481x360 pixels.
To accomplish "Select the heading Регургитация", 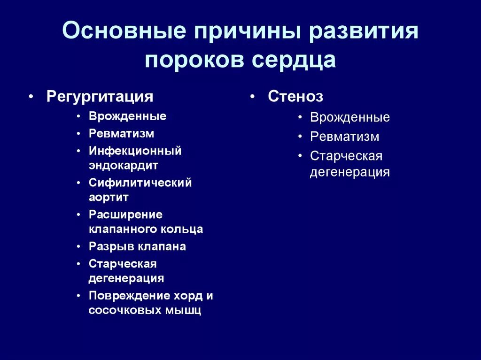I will coord(100,97).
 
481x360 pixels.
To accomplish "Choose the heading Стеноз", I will coord(295,97).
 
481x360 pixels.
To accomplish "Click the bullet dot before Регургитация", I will coord(31,97).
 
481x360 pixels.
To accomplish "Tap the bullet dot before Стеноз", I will coord(252,97).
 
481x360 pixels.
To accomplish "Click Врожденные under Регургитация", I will coord(127,116).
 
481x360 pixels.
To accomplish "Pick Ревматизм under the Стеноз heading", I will coord(344,137).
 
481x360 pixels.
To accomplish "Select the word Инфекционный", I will coord(135,151).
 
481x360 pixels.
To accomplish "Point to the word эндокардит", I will coord(123,165).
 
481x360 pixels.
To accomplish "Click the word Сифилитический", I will coord(140,183).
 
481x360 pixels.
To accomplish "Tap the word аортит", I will coord(109,197).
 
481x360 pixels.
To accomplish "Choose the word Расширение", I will coord(125,214).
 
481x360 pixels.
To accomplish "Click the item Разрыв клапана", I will coord(137,246).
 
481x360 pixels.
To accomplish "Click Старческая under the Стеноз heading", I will coord(346,156).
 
